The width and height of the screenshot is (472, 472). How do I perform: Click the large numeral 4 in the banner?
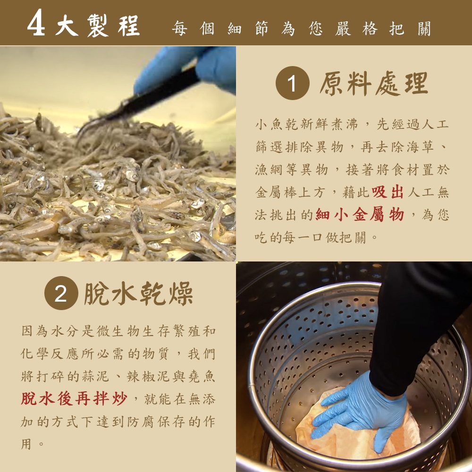pos(36,23)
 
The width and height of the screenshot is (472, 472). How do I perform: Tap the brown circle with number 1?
pos(292,83)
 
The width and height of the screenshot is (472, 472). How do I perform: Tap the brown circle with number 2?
pos(61,293)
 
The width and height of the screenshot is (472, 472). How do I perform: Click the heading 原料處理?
pos(373,84)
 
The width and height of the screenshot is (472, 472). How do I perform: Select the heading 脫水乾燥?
pos(138,294)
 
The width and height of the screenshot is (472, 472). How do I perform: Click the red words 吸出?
pos(388,192)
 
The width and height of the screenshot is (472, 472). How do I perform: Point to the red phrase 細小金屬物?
pos(359,215)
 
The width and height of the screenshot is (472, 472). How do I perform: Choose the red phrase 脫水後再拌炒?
pos(74,398)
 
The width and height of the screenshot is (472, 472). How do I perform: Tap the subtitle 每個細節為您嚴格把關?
pos(301,29)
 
